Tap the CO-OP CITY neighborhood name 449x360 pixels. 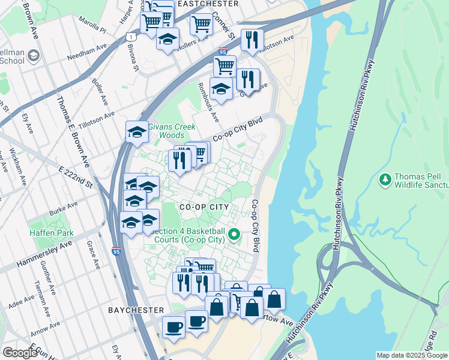tap(205, 206)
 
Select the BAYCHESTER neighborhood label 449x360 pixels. tap(136, 310)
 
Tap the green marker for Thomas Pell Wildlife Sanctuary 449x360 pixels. tap(385, 179)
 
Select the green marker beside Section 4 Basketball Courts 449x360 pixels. tap(236, 235)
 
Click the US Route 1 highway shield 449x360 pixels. tap(130, 37)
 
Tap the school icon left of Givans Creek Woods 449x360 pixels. tap(137, 132)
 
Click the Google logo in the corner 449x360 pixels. tap(20, 353)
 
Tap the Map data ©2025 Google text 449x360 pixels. tap(411, 355)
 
